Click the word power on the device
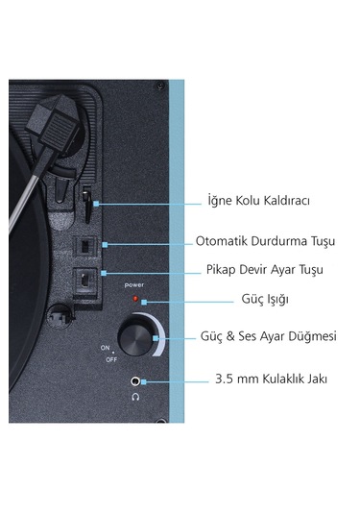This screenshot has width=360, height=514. pyautogui.click(x=133, y=285)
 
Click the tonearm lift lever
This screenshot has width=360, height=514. pyautogui.click(x=84, y=204)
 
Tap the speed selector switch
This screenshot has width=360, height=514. pyautogui.click(x=84, y=279)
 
